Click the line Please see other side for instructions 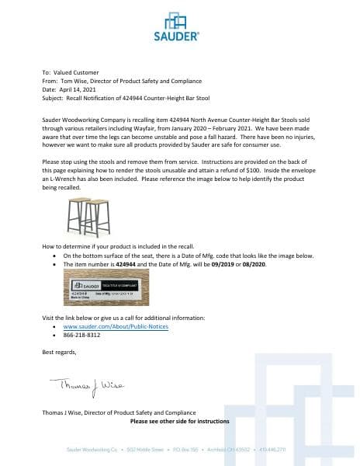(x=179, y=421)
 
